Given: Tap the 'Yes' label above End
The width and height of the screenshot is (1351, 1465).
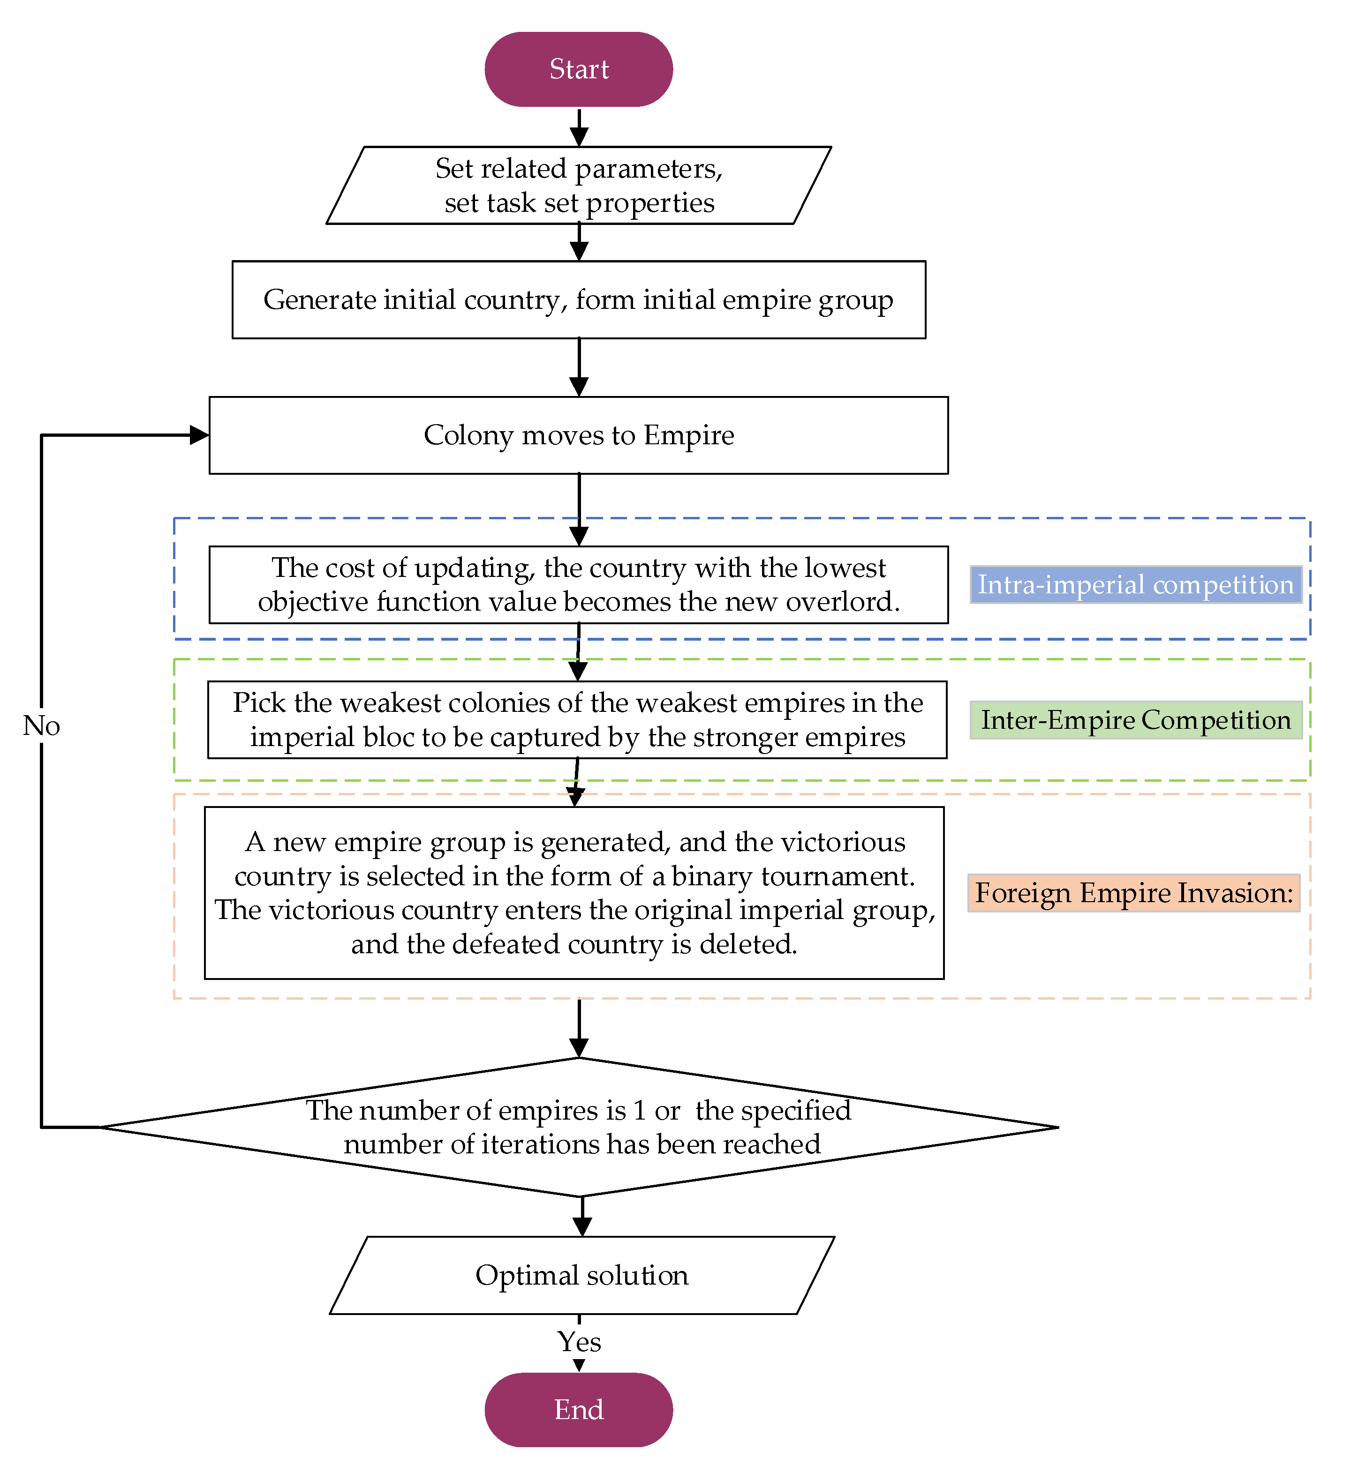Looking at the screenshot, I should (x=579, y=1342).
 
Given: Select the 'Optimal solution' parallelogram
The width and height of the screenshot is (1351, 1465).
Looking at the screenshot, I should (x=582, y=1275).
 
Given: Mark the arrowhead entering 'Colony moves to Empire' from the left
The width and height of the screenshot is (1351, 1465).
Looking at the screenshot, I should (x=199, y=435).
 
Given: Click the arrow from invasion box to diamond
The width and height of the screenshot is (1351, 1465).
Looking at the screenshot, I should (x=579, y=1027).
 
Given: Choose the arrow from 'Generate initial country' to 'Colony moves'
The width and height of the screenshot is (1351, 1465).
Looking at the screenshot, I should (x=579, y=367).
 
